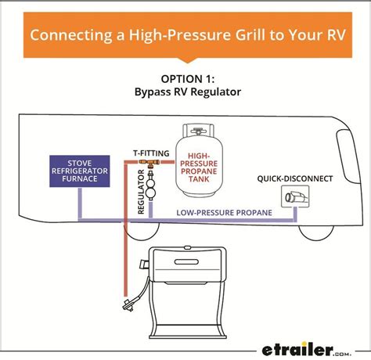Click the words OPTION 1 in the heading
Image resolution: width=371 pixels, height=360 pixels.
[x=185, y=79]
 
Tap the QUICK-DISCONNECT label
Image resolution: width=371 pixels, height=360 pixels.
[x=294, y=178]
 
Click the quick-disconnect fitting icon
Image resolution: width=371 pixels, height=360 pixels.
[x=296, y=200]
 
